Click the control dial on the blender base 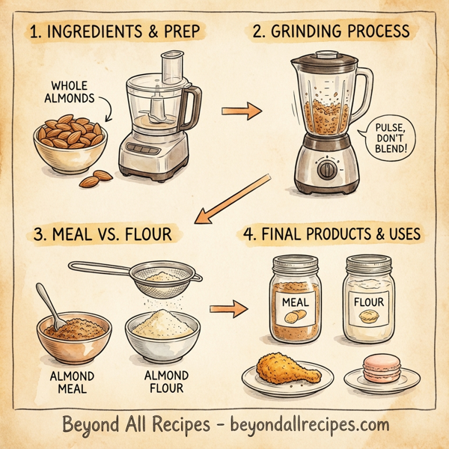(x=327, y=169)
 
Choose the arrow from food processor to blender (x=242, y=112)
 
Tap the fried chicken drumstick (x=278, y=368)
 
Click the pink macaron (x=378, y=367)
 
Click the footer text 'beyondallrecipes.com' (x=302, y=426)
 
